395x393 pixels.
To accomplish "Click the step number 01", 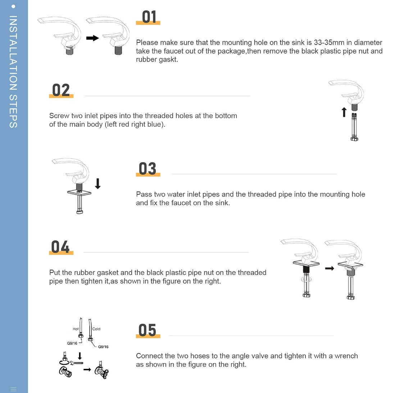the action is pos(149,17).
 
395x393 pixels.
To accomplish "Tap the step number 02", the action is pos(61,90).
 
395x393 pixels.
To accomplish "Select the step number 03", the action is pos(147,168).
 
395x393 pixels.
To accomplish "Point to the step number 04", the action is pos(60,247).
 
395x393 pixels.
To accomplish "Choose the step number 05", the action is pos(147,330).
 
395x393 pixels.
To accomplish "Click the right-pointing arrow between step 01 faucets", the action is pos(92,38).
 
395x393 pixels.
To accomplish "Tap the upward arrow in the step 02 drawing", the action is pos(344,112).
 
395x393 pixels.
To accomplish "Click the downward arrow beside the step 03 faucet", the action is pos(98,184).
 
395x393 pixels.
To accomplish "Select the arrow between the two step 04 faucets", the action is pos(330,268).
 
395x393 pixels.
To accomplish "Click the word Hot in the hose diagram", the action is pos(76,329).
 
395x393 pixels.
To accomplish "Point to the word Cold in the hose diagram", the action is pos(96,329).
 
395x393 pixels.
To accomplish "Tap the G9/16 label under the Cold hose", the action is pos(103,347).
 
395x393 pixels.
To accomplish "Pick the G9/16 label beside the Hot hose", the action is pos(72,343).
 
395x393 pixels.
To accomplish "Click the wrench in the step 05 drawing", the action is pos(76,363).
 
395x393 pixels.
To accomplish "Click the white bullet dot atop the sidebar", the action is pos(13,6).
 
